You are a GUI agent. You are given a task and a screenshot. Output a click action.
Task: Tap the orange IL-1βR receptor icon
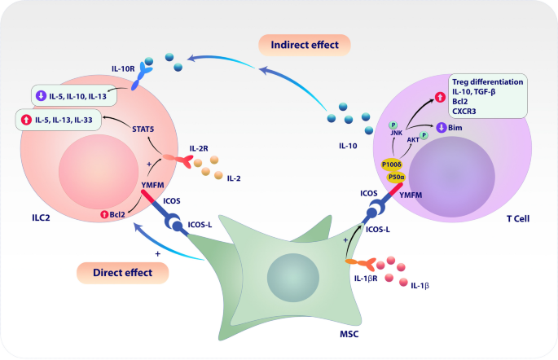(360, 262)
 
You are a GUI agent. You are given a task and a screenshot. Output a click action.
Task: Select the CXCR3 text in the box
(465, 112)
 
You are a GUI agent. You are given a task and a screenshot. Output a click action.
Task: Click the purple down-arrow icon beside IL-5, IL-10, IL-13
(40, 95)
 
